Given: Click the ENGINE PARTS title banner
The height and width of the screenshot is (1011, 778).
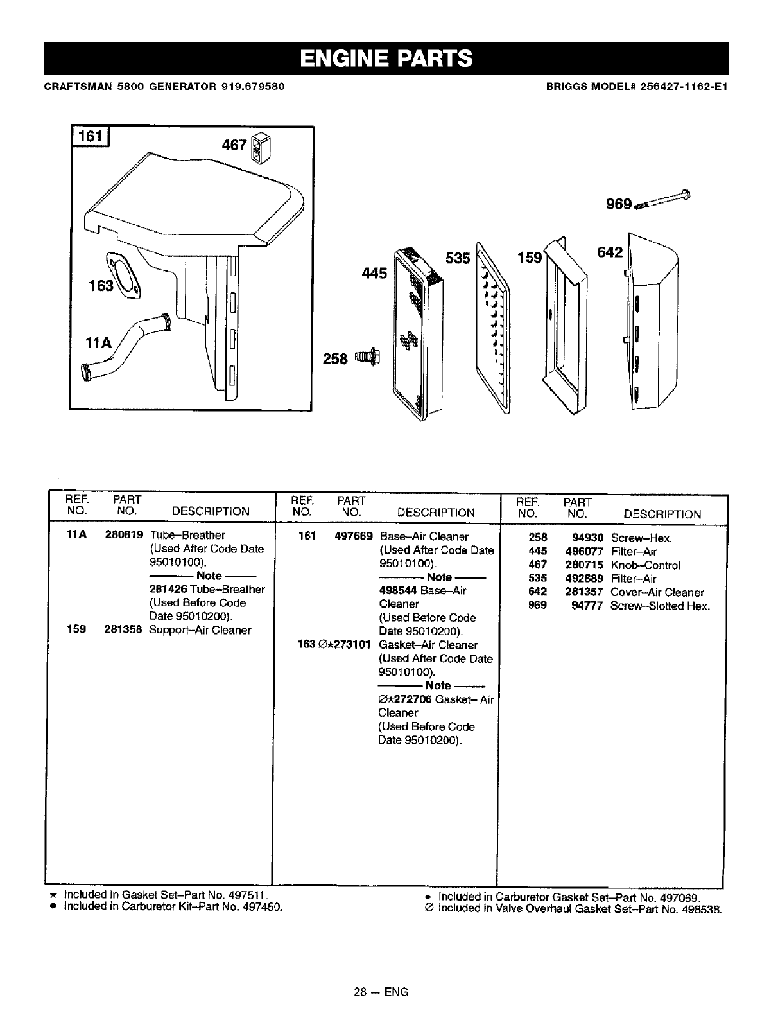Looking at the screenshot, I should pos(386,58).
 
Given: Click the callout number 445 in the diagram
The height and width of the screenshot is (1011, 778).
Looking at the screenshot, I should pos(374,273).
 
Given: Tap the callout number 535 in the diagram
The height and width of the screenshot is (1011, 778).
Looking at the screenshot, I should pos(458,258).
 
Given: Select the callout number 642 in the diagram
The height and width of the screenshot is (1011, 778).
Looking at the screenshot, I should pos(609,252).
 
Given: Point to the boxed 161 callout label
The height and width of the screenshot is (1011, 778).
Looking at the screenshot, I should pos(91,137).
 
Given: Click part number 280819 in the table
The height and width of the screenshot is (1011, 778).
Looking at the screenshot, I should pos(123,535).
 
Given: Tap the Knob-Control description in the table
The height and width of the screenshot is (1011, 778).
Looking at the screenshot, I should pos(645,565).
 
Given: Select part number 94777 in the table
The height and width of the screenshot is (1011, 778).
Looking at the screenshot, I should pos(587,606).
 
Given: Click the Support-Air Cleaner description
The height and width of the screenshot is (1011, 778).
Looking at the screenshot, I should pos(200,630).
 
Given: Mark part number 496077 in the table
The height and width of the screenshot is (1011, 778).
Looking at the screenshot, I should pos(584,551).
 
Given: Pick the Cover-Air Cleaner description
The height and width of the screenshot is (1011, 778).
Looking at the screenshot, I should pos(657,592).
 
